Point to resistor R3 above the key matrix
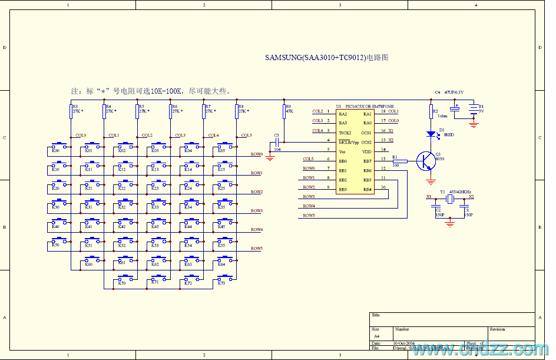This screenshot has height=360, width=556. tap(71, 111)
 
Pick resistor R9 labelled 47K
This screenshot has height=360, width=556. tap(284, 111)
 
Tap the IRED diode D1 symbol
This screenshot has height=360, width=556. tap(432, 134)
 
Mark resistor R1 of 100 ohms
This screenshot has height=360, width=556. tap(396, 160)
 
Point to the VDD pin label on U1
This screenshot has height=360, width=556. tap(367, 151)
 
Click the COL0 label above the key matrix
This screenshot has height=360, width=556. tap(81, 135)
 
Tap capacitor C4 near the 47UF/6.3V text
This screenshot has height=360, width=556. tap(455, 108)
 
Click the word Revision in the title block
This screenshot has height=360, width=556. tap(497, 329)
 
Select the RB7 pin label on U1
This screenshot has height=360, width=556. tap(367, 161)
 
